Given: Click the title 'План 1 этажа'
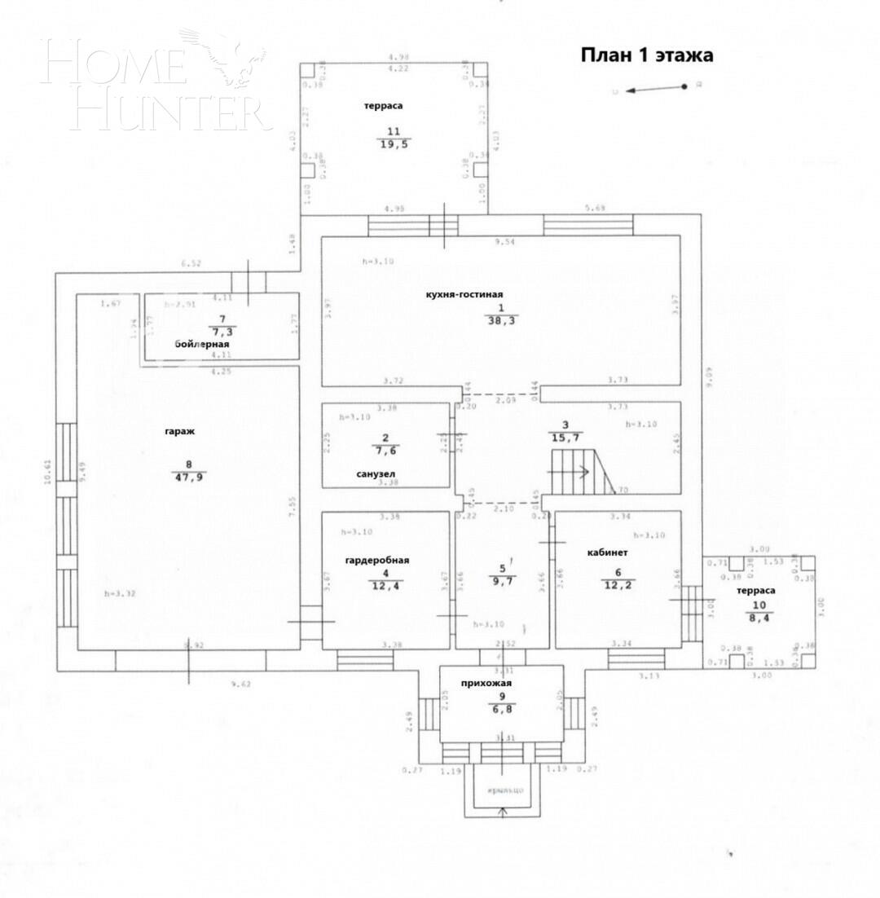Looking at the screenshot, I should tap(646, 55).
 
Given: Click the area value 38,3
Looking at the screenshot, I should tap(502, 320).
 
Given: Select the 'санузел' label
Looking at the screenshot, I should tap(376, 473).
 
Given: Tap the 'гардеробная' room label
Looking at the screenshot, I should tap(376, 560).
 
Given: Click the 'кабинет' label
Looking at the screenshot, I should tap(607, 552).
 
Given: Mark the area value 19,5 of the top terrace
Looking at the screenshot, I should tap(394, 143).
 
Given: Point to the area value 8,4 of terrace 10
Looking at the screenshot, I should tap(759, 618).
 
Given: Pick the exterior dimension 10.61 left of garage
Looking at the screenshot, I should tap(48, 472).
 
